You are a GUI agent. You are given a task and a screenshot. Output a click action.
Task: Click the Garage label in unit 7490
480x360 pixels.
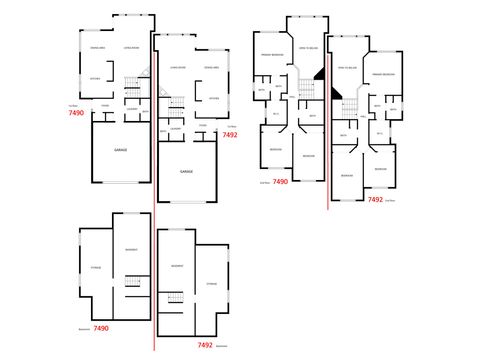[x=120, y=149]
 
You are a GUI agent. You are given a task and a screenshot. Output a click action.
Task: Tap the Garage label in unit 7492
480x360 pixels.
[x=186, y=172]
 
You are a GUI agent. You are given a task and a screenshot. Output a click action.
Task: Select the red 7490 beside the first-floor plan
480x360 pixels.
[x=76, y=114]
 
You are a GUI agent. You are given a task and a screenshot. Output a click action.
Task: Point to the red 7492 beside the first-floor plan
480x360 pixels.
[x=229, y=134]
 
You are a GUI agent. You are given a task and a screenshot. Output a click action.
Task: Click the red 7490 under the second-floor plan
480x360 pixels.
[x=279, y=182]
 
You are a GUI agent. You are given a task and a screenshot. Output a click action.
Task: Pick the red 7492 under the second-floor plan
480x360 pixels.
[x=375, y=199]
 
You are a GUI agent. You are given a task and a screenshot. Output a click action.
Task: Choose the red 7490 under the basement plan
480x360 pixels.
[x=100, y=328]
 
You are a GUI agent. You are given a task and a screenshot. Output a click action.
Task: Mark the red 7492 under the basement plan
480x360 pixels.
[x=205, y=345]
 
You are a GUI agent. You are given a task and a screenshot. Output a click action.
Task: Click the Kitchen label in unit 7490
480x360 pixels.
[x=95, y=79]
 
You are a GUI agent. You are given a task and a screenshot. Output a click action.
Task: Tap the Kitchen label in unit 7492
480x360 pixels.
[x=213, y=99]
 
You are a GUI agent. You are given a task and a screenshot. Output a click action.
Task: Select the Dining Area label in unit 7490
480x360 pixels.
[x=97, y=48]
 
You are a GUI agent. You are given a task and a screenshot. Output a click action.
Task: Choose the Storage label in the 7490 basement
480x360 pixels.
[x=96, y=267]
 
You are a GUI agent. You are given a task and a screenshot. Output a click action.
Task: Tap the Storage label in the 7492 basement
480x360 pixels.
[x=211, y=284]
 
